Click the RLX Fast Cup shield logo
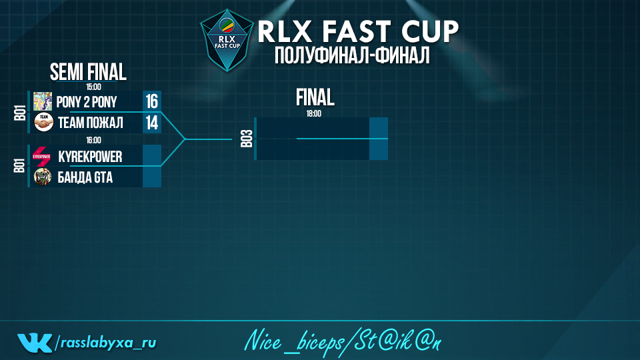point(227,40)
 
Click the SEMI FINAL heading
point(88,72)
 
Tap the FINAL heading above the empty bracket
point(315,97)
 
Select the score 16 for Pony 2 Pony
point(152,101)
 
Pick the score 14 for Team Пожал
point(152,123)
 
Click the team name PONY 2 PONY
point(87,101)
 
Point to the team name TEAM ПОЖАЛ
point(90,123)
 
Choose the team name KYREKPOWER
point(90,156)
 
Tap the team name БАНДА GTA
point(85,177)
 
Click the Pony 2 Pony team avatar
point(43,101)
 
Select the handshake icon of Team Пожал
point(43,122)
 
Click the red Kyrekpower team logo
point(41,156)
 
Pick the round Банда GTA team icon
point(43,177)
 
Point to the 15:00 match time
point(93,87)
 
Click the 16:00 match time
point(93,141)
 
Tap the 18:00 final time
point(314,114)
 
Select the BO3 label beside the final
point(247,139)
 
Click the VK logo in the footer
point(35,343)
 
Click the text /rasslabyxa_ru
point(105,343)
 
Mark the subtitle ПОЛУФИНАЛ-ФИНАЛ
point(352,55)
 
